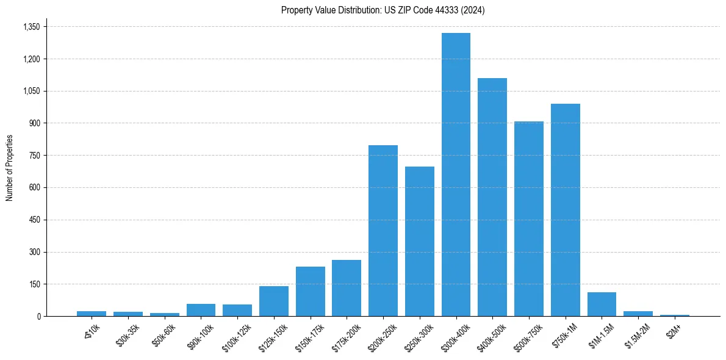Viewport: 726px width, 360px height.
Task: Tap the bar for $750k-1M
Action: [566, 210]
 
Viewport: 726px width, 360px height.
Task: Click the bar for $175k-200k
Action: [347, 288]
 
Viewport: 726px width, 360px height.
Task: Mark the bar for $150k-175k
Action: [311, 291]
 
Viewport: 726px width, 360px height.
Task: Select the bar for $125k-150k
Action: [274, 301]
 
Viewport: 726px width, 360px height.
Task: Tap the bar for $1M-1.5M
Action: [602, 304]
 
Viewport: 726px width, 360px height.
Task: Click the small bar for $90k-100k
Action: [201, 310]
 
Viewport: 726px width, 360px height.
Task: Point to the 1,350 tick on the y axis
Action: [31, 27]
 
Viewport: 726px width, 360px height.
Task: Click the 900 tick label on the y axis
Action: [34, 123]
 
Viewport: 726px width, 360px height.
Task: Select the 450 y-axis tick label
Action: [34, 220]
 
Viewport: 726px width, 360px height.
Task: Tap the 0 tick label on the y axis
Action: [38, 316]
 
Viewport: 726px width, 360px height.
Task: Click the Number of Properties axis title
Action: [9, 168]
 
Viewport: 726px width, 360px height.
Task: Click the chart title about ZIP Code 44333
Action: [383, 10]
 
